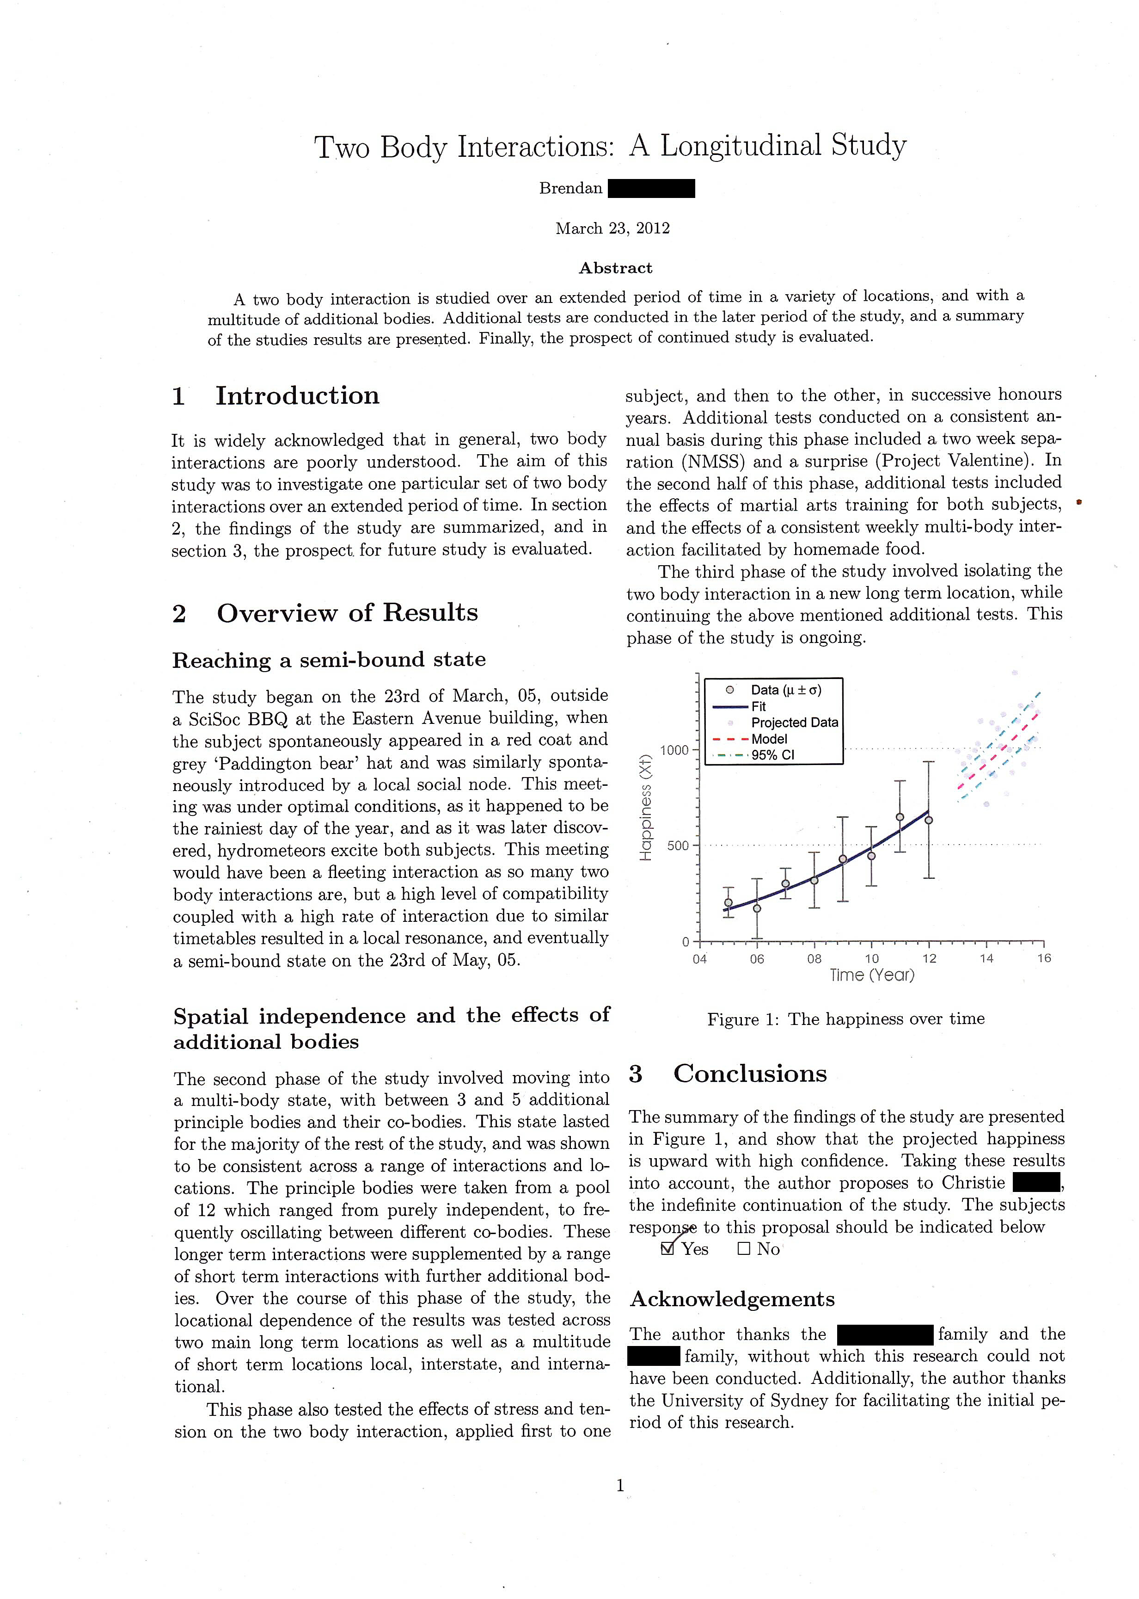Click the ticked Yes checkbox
click(x=667, y=1249)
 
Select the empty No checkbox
click(x=744, y=1249)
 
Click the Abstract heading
click(x=615, y=268)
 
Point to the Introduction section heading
click(x=297, y=396)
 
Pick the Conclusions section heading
click(x=750, y=1074)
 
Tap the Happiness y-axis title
click(x=646, y=807)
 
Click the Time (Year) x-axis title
click(x=872, y=975)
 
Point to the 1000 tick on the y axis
click(x=675, y=750)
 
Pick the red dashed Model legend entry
click(x=769, y=739)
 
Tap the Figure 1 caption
click(x=846, y=1019)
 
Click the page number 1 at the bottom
click(x=620, y=1485)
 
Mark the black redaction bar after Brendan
click(x=652, y=189)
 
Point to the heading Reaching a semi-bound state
click(x=329, y=660)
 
